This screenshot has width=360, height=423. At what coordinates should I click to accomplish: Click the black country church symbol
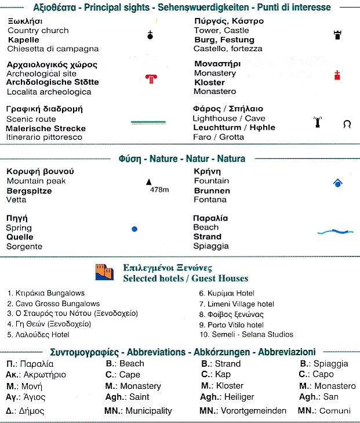coord(150,35)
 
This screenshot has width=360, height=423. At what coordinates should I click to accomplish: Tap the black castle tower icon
coord(337,35)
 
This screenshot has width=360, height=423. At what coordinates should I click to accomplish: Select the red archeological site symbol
coord(151,79)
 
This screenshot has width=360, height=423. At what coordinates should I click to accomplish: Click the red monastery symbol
coord(337,75)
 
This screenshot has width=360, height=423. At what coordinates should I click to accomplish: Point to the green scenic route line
coord(149,122)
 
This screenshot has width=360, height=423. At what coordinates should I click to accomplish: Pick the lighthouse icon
coord(317,123)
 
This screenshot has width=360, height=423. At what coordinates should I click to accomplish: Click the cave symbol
coord(347,124)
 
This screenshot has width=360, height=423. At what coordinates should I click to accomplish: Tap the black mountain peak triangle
coord(148,182)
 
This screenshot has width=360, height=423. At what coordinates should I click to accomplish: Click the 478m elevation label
coord(159,190)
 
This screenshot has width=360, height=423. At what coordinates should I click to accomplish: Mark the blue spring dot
coord(134,229)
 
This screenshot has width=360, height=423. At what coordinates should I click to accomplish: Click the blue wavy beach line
coord(336,232)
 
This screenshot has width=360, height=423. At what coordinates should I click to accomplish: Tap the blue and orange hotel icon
coord(105,272)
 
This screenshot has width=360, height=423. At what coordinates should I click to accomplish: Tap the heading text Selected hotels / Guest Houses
coord(186,279)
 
